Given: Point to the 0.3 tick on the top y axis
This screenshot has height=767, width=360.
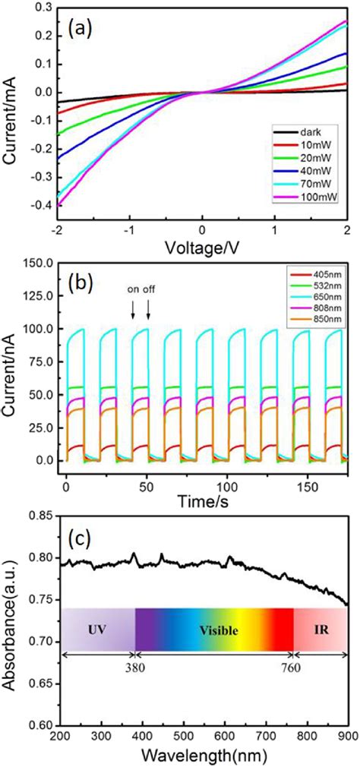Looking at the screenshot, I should [x=46, y=5].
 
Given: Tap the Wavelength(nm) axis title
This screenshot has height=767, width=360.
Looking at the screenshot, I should [x=201, y=756].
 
